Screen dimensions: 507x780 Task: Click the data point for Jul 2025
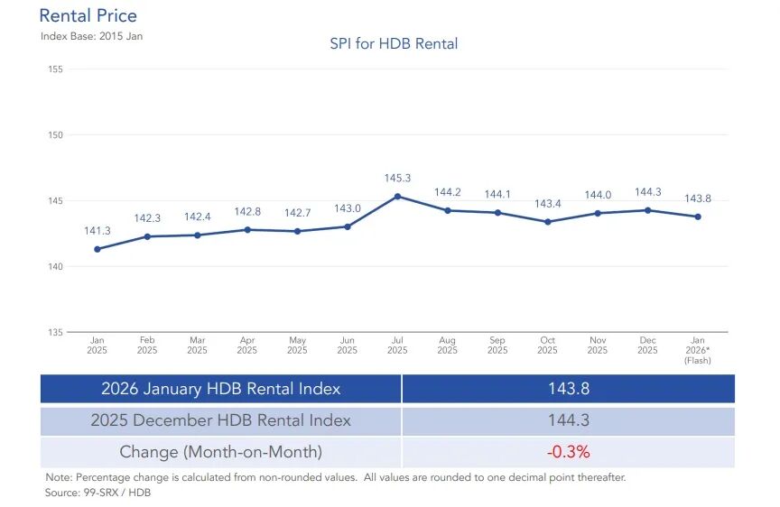click(398, 196)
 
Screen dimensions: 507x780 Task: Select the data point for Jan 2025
click(97, 249)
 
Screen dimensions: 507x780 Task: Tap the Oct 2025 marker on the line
click(548, 222)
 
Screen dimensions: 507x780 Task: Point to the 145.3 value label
click(398, 179)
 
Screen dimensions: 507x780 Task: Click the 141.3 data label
click(97, 232)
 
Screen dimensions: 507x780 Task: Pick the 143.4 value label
click(548, 204)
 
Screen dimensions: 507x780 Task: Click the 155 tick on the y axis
click(53, 69)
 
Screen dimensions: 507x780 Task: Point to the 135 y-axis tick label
click(53, 332)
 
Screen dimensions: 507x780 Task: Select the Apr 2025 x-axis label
click(247, 345)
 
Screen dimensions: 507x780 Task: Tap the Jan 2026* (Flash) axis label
click(697, 350)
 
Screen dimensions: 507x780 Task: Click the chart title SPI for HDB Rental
click(394, 43)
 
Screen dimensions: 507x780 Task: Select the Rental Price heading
click(88, 16)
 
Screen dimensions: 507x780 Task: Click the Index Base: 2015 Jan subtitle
click(91, 36)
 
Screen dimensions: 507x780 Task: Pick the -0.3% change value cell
click(568, 451)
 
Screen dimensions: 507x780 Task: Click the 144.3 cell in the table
click(568, 420)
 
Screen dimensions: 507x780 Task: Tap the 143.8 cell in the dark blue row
click(568, 389)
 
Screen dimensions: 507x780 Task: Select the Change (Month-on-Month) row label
click(221, 451)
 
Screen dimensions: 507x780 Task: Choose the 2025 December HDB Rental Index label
click(221, 420)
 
